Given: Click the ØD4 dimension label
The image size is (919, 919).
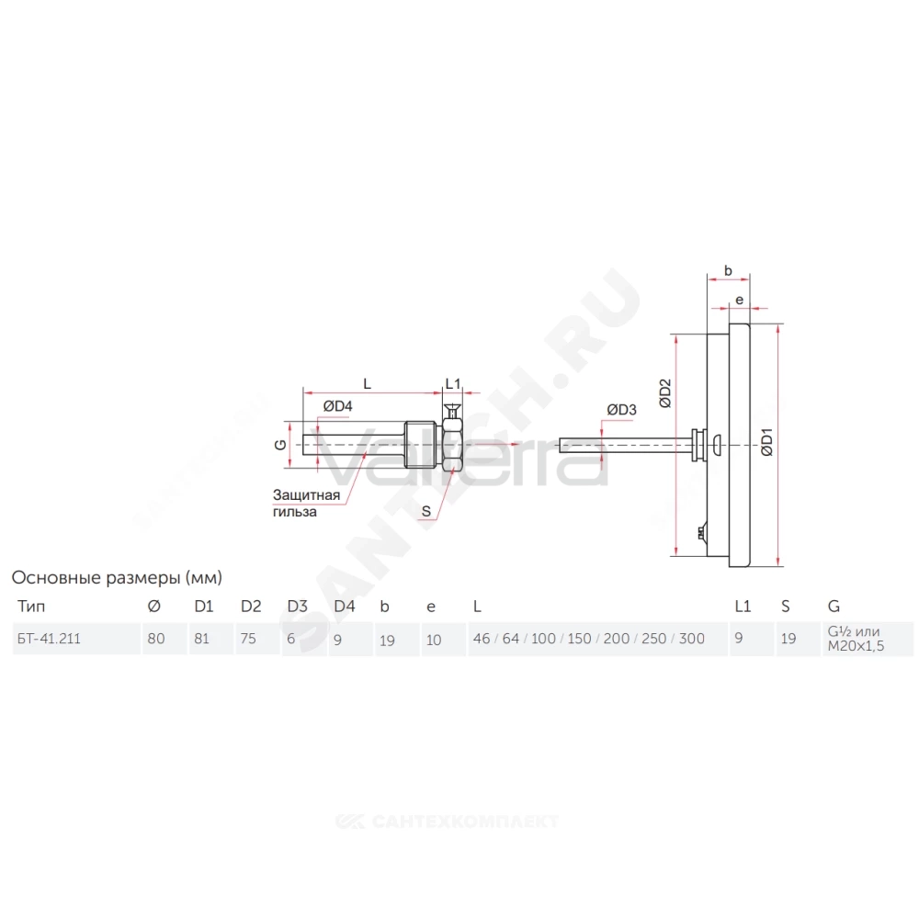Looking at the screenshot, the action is coord(337,406).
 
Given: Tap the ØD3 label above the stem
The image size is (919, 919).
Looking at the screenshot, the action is coord(621,410).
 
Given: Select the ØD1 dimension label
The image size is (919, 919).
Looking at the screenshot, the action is coord(766,442).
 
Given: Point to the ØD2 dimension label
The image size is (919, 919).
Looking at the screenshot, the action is coord(664,393).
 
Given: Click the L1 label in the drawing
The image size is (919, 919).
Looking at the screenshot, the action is coord(453,384).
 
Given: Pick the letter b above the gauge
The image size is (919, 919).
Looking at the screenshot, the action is coord(728,271).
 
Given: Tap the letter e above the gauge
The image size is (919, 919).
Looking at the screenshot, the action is coord(739,301).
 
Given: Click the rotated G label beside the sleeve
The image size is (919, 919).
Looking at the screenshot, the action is coord(280,445).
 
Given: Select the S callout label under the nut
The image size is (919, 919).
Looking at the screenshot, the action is coord(426,511).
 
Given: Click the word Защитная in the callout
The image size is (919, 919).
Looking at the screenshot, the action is coord(306,495).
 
